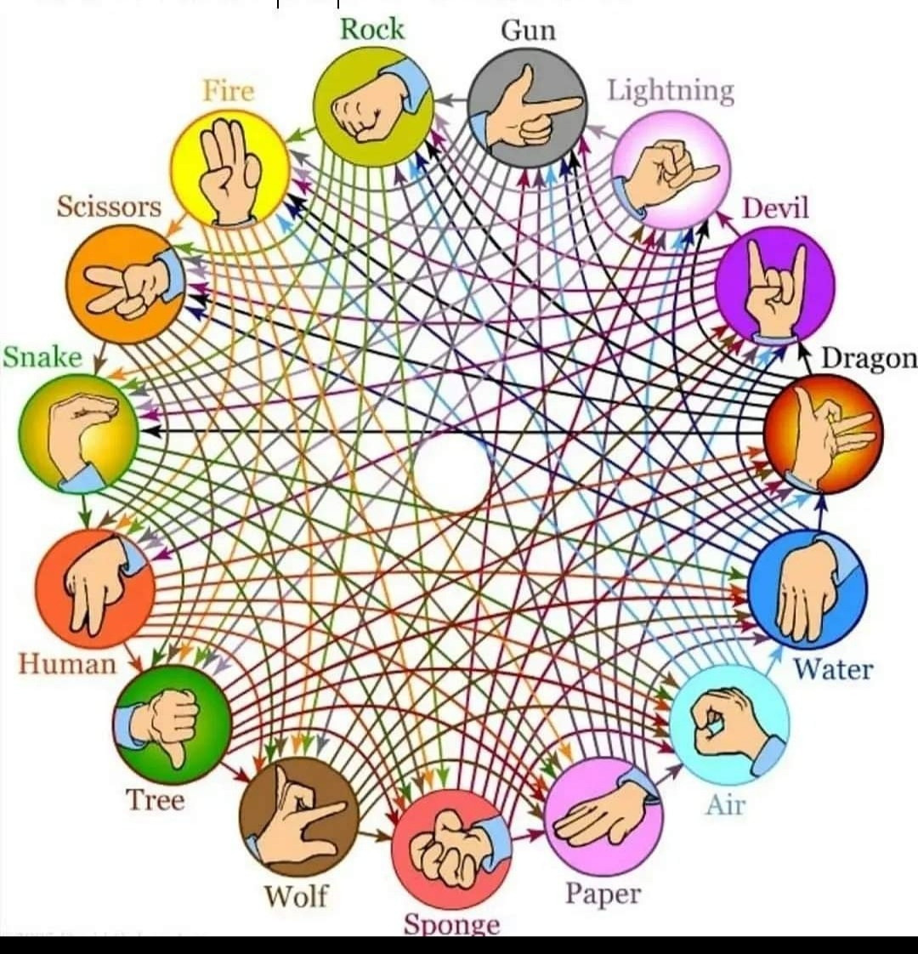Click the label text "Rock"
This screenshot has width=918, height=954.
point(371,29)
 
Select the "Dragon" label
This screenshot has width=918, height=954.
point(870,358)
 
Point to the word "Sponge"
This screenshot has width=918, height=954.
point(452,924)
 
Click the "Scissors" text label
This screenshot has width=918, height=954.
point(110,207)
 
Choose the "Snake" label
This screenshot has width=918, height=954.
point(42,357)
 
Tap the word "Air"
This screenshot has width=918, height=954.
point(725,804)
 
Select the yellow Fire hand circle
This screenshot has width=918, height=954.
point(230,168)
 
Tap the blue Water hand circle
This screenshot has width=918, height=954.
point(807,588)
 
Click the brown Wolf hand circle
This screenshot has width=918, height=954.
point(298,818)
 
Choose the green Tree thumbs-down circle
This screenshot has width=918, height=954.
point(173,724)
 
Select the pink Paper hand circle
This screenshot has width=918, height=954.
point(604,816)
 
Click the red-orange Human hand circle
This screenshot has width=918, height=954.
point(95,588)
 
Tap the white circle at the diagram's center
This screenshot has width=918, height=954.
point(452,472)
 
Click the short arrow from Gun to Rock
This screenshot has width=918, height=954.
point(451,99)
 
